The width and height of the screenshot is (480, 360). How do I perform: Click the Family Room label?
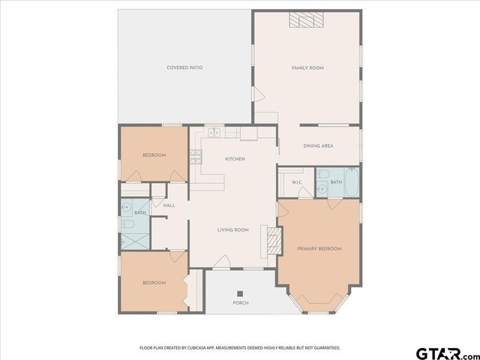[x=307, y=68]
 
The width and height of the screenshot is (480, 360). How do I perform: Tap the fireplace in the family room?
[x=307, y=21]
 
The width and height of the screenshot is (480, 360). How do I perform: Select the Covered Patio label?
[x=184, y=68]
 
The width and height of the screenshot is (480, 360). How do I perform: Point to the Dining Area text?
[x=318, y=145]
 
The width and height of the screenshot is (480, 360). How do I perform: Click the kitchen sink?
[x=213, y=133]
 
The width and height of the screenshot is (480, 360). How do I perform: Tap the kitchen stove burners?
[x=196, y=157]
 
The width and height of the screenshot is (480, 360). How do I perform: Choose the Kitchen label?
[x=235, y=159]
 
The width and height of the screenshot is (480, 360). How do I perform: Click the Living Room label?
[x=232, y=230]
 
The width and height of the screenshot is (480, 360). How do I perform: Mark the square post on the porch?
[x=240, y=293]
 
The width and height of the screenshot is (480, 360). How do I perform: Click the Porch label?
[x=240, y=303]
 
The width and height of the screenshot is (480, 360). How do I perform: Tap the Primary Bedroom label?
[x=319, y=248]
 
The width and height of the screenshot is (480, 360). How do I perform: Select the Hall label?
[x=169, y=205]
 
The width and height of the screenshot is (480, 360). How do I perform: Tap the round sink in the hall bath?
[x=126, y=208]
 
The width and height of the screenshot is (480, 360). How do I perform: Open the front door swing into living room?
[x=221, y=262]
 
